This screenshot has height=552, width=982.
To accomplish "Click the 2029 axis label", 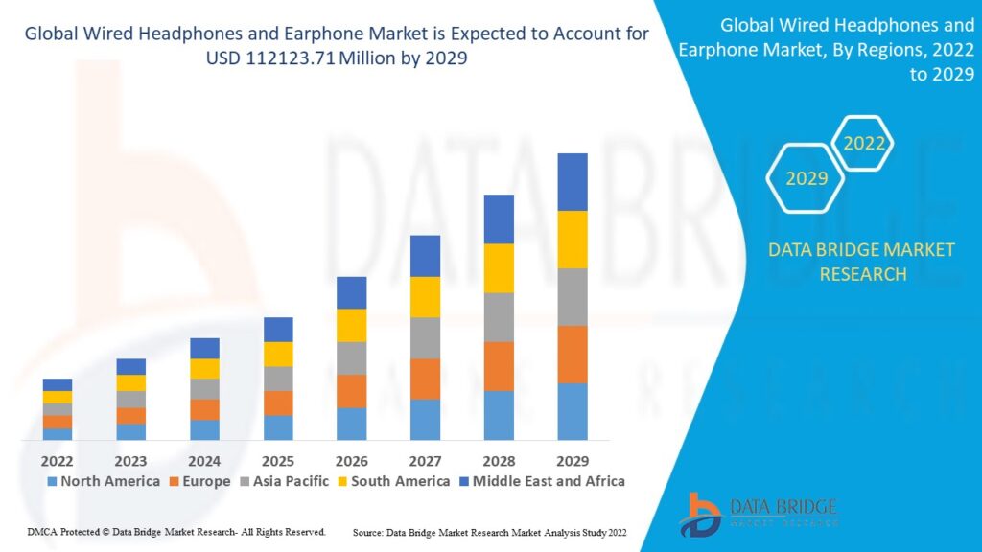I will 573,461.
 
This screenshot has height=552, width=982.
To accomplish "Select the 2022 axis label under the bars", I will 58,461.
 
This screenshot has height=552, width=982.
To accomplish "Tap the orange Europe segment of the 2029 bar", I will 573,354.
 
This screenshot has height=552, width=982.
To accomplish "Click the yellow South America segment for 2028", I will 499,268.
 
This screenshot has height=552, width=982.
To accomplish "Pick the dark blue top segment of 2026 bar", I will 352,292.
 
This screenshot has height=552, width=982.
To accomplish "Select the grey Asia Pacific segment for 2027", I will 425,337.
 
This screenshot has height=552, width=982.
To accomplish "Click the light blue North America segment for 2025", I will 278,427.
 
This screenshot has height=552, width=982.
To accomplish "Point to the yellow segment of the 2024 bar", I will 204,368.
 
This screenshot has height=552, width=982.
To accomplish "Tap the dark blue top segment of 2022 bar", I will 58,384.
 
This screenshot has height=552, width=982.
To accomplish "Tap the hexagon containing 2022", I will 863,145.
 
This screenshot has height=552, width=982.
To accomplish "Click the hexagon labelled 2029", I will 807,178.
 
